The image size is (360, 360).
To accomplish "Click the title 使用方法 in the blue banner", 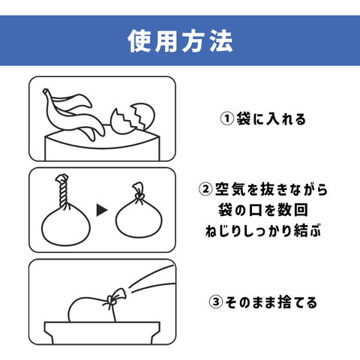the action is [180, 41].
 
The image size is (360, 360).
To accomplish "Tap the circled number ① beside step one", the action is [227, 118].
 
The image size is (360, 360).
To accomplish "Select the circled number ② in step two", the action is [205, 189].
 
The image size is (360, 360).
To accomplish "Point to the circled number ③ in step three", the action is [216, 302].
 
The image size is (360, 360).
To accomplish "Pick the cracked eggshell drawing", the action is [133, 118].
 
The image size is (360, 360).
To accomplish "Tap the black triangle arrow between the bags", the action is [102, 210].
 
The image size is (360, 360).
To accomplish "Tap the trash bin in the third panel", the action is [102, 332].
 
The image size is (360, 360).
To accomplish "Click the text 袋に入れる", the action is [271, 118].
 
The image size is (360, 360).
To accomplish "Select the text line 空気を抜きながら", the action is [271, 189].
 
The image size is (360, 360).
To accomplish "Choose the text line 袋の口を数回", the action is [263, 210].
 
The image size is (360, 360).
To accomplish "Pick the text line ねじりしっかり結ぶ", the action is [263, 230].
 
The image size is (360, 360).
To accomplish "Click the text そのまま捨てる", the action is [271, 302].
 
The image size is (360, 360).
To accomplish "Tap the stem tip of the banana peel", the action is [45, 91].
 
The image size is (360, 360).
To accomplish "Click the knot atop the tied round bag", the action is [139, 192].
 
